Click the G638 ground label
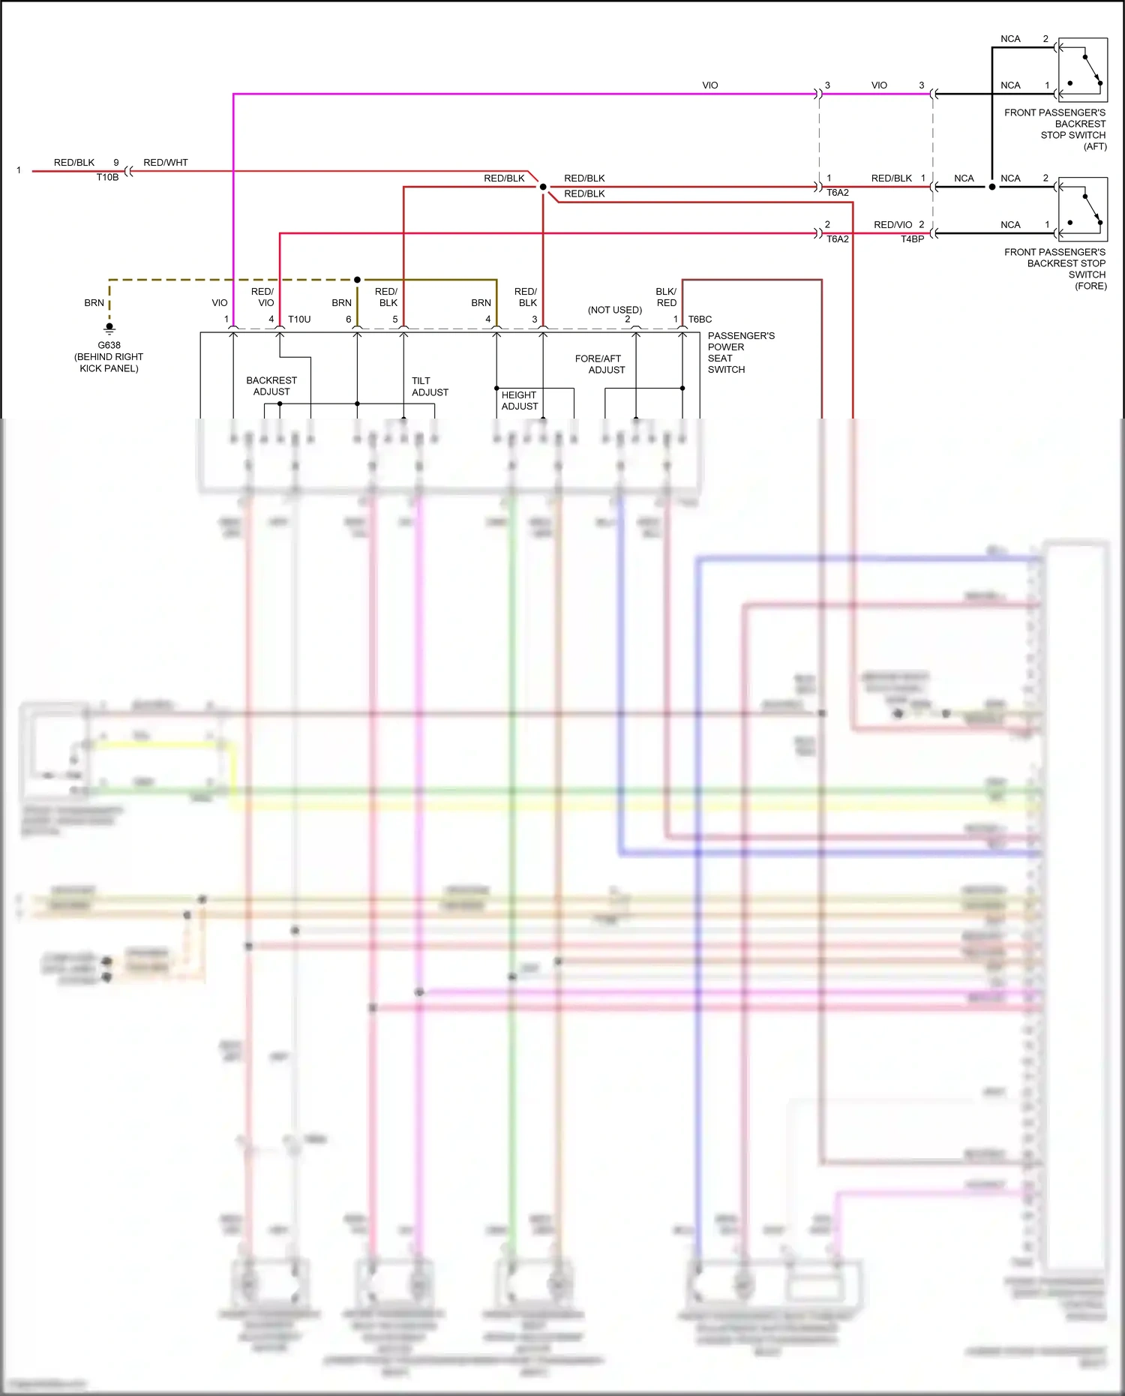(109, 345)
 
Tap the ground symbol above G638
(109, 328)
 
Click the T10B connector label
(107, 178)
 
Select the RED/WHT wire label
(165, 162)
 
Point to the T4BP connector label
(912, 239)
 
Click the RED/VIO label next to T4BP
(892, 224)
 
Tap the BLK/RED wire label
(666, 297)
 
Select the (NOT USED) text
(614, 310)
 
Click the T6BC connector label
(700, 320)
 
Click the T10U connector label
(299, 320)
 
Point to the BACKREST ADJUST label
(271, 386)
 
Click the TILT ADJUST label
(430, 386)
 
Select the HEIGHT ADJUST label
(519, 401)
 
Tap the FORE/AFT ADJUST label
(599, 365)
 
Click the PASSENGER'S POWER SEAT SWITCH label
(740, 353)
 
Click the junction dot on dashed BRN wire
(357, 280)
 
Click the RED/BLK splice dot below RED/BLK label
(543, 187)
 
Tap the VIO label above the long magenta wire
(709, 86)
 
